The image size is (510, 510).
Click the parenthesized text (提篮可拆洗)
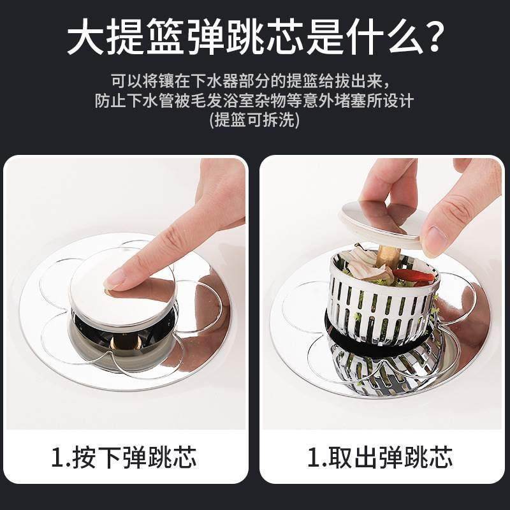(x=254, y=120)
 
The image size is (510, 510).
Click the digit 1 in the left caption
(x=58, y=458)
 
